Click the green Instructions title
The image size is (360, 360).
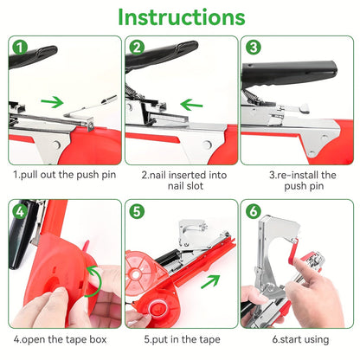coord(181,17)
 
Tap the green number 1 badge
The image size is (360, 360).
coord(19,48)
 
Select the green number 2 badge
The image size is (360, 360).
coord(136,48)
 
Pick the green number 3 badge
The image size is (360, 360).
coord(253,48)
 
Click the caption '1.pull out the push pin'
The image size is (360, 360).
coord(62,174)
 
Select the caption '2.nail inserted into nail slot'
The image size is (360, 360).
coord(180,180)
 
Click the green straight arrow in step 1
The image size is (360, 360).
coord(53,102)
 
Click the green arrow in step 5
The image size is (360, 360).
coord(209,282)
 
